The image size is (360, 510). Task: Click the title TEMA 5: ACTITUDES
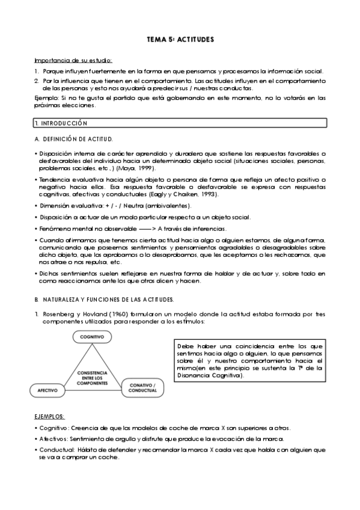coord(180,39)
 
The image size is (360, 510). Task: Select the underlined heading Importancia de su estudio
coord(73,60)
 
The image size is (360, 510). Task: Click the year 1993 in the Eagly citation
coord(207,195)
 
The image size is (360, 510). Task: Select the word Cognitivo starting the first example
coord(52,428)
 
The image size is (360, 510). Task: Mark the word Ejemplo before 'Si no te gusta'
coord(46,97)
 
